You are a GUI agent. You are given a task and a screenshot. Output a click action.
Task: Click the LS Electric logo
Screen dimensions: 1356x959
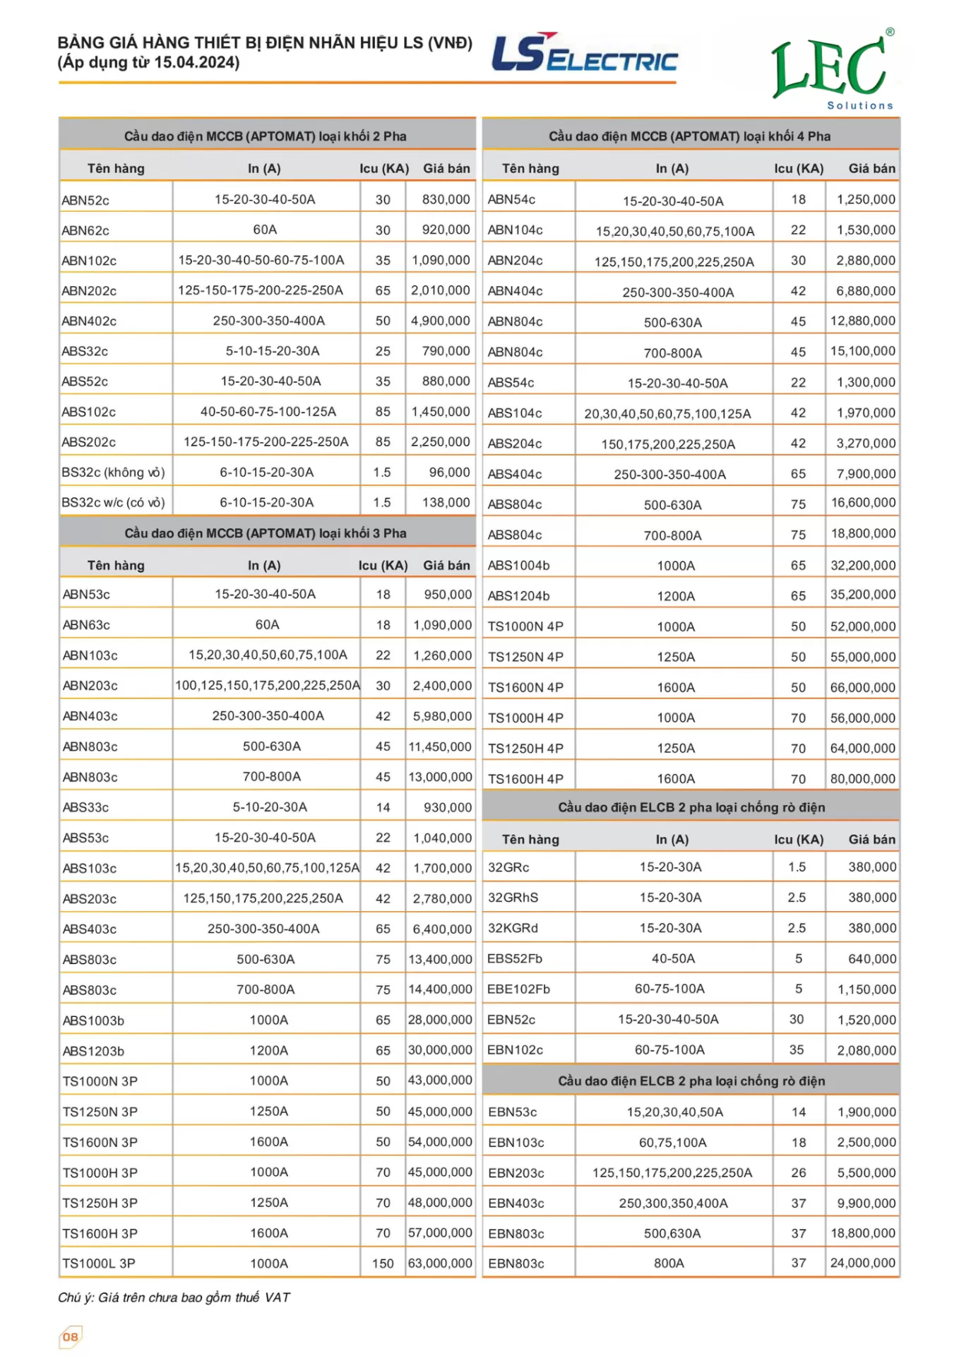pyautogui.click(x=584, y=54)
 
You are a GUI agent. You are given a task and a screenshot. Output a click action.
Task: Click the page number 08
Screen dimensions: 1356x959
pyautogui.click(x=70, y=1336)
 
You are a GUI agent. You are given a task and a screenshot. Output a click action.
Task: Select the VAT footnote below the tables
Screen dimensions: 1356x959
pyautogui.click(x=174, y=1297)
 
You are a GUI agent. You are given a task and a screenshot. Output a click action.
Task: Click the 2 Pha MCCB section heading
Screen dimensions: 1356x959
pyautogui.click(x=265, y=136)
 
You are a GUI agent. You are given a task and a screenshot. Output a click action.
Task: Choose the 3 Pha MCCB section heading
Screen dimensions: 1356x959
pyautogui.click(x=265, y=533)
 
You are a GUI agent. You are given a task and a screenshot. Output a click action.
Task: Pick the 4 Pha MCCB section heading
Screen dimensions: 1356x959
pyautogui.click(x=689, y=136)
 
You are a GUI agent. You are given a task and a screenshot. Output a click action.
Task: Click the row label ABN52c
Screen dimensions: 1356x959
pyautogui.click(x=85, y=201)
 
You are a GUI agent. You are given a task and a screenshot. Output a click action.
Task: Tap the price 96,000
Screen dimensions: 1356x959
pyautogui.click(x=449, y=472)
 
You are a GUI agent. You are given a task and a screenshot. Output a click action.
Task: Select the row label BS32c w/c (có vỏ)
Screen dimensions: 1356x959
pyautogui.click(x=113, y=503)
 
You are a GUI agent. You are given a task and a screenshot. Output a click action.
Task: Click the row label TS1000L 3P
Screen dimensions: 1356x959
pyautogui.click(x=99, y=1263)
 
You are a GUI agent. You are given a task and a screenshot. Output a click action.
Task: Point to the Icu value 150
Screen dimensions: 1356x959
pyautogui.click(x=383, y=1263)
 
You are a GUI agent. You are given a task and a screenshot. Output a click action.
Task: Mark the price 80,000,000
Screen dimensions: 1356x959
pyautogui.click(x=862, y=779)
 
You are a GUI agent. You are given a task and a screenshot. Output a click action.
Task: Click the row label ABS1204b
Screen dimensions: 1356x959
pyautogui.click(x=518, y=596)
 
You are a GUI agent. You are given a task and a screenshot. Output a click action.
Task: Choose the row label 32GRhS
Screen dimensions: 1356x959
pyautogui.click(x=513, y=898)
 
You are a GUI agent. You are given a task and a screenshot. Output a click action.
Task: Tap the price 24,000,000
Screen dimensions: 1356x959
pyautogui.click(x=862, y=1263)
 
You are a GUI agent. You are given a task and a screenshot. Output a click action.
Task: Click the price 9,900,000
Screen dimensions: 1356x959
pyautogui.click(x=866, y=1203)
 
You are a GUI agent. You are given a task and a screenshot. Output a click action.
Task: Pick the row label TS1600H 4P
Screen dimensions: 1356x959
pyautogui.click(x=525, y=779)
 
